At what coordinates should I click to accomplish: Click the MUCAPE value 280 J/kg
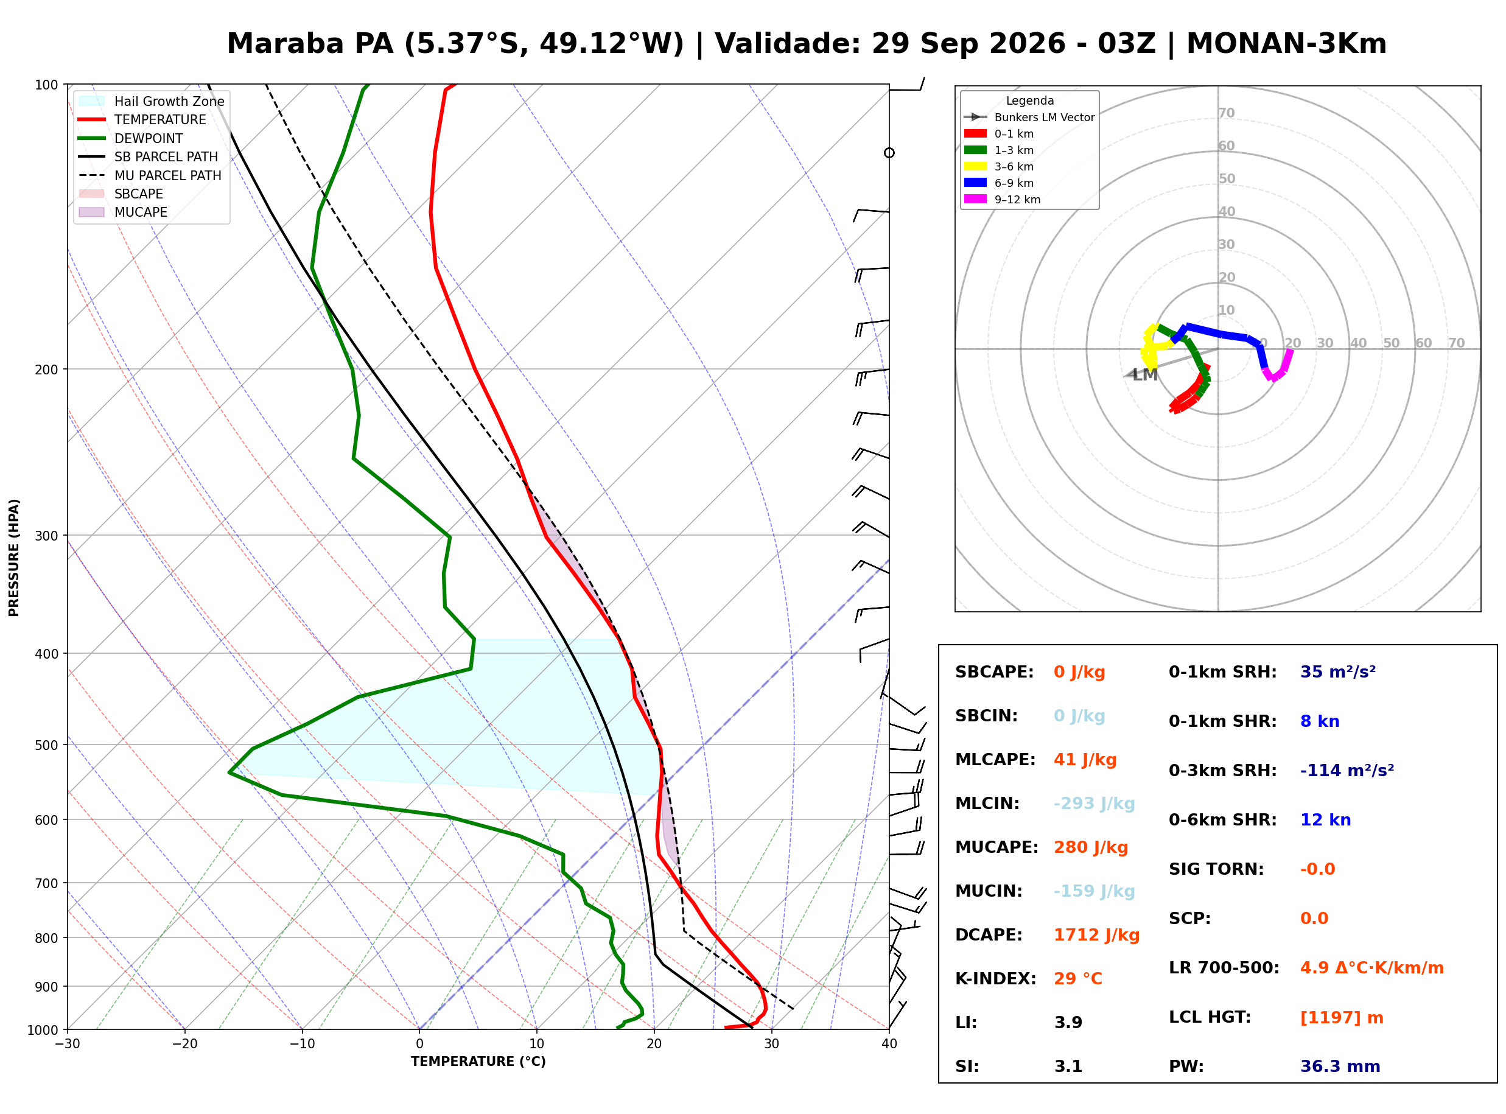click(x=1091, y=847)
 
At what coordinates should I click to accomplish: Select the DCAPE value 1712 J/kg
click(x=1096, y=934)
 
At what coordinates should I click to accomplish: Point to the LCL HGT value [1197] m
click(x=1342, y=1018)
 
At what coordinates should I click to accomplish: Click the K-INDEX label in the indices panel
click(x=995, y=978)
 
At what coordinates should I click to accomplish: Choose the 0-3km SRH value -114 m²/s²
click(x=1347, y=770)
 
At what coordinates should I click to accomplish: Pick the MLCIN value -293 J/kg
click(x=1094, y=803)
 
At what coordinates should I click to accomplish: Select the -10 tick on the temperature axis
click(x=302, y=1044)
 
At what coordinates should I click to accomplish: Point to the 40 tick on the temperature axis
click(x=889, y=1044)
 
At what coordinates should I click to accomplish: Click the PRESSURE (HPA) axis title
click(x=14, y=557)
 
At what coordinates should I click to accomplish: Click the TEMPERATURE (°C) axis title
click(x=478, y=1062)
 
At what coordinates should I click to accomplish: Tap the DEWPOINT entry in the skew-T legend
click(x=149, y=138)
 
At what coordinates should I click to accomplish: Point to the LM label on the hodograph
click(x=1144, y=375)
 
